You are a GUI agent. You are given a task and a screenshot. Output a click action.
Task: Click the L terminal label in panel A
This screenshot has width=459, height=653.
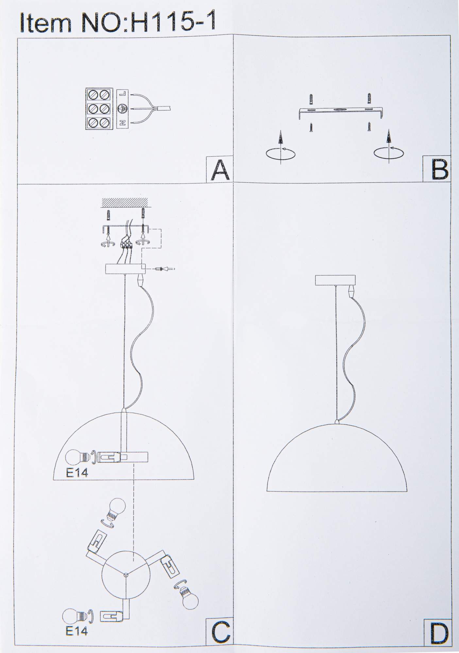122,94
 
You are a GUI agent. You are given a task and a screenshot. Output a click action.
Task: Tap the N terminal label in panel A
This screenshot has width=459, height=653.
122,123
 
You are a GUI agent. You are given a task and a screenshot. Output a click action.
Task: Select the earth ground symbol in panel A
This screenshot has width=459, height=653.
122,108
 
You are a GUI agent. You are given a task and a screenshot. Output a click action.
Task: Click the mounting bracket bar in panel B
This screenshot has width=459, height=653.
340,111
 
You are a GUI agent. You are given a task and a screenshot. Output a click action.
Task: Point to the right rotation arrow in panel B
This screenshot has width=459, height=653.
389,149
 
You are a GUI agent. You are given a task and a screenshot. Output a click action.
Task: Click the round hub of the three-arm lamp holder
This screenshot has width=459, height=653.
125,576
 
